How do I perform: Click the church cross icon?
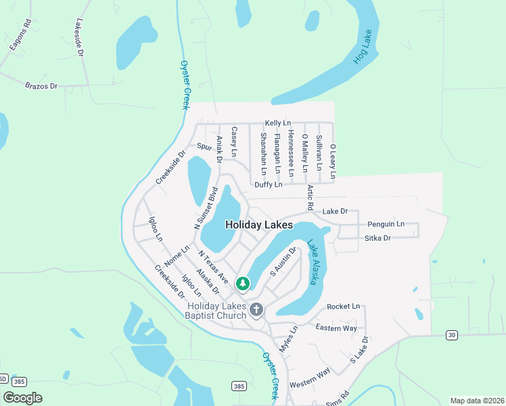coord(256,310)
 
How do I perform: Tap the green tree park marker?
coord(242,284)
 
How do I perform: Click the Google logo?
coord(23,398)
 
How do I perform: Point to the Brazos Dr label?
coord(41,87)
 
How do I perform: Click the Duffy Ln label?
coord(268,185)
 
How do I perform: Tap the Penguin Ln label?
coord(386,224)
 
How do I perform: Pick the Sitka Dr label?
coord(377,238)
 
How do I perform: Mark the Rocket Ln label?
coord(344,307)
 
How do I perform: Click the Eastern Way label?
coord(336,328)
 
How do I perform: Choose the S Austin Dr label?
coord(284,261)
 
